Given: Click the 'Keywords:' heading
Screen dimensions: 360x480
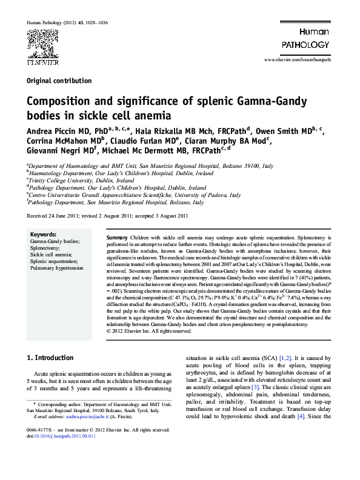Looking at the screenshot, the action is tap(43, 234).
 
